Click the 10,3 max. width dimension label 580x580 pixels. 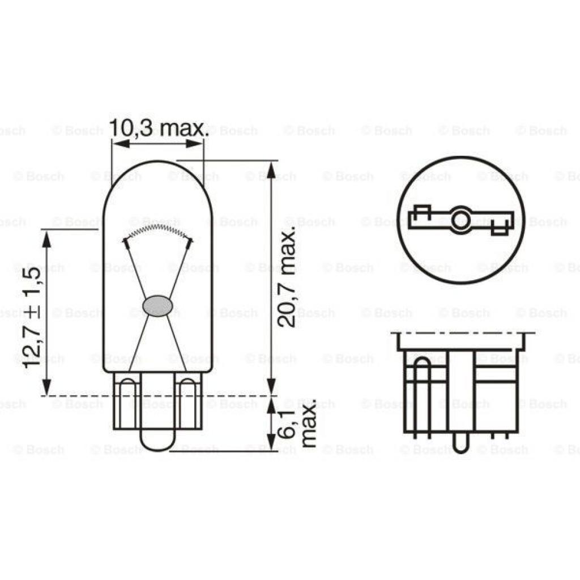159,129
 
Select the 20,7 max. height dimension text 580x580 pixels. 288,278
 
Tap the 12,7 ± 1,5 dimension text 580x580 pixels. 32,317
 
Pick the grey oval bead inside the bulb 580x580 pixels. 158,306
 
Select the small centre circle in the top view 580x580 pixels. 460,220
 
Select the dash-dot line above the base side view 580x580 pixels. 462,333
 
